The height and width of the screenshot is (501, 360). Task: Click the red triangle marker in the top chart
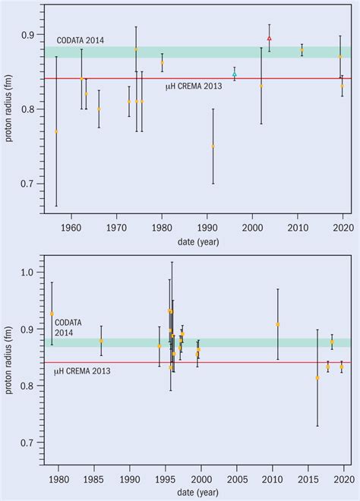[x=270, y=38]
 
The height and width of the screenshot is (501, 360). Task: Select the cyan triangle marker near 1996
[x=234, y=74]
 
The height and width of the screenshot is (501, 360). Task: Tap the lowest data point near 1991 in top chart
[x=213, y=146]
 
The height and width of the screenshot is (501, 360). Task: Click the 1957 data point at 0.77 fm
[x=56, y=131]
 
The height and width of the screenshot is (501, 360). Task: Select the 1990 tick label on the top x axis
[x=207, y=226]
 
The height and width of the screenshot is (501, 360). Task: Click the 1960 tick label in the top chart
[x=71, y=226]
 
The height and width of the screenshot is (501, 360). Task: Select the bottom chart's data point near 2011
[x=278, y=324]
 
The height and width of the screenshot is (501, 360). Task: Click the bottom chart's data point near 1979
[x=52, y=314]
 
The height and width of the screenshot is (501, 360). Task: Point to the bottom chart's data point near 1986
[x=101, y=341]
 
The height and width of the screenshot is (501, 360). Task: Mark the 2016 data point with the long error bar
[x=317, y=377]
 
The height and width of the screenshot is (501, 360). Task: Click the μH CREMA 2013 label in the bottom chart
[x=82, y=370]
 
